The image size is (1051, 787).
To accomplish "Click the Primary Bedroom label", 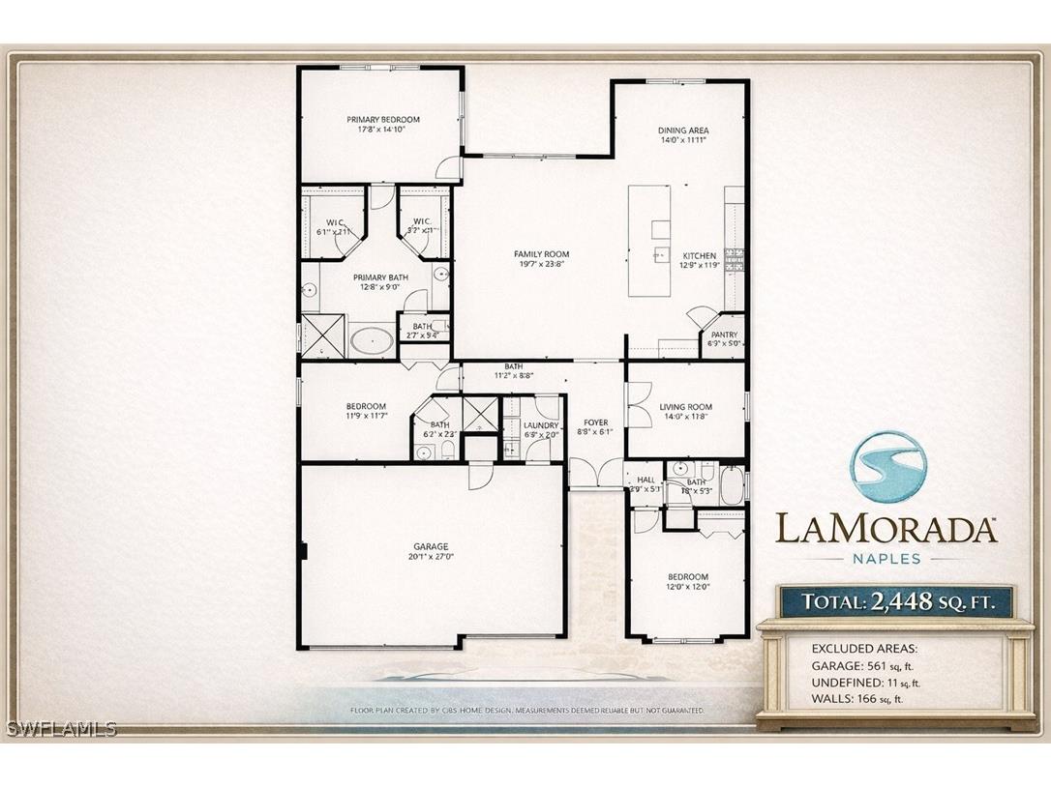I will click(x=383, y=120).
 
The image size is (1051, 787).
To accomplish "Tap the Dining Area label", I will click(x=683, y=130).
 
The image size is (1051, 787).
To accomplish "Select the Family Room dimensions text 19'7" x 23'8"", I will click(x=541, y=263).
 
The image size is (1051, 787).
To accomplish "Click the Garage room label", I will click(x=432, y=547).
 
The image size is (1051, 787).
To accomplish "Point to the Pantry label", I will click(x=724, y=335).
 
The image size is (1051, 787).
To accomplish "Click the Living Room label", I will click(x=685, y=407).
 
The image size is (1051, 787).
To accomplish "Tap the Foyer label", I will click(x=596, y=423).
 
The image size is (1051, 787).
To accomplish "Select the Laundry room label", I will click(x=541, y=424).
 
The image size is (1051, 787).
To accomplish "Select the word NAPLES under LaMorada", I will click(x=886, y=558).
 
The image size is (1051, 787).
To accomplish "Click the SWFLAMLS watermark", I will click(x=60, y=728).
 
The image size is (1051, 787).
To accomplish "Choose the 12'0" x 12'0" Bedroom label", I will click(x=687, y=577).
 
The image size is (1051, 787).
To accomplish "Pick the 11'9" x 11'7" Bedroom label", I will click(x=366, y=406).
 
